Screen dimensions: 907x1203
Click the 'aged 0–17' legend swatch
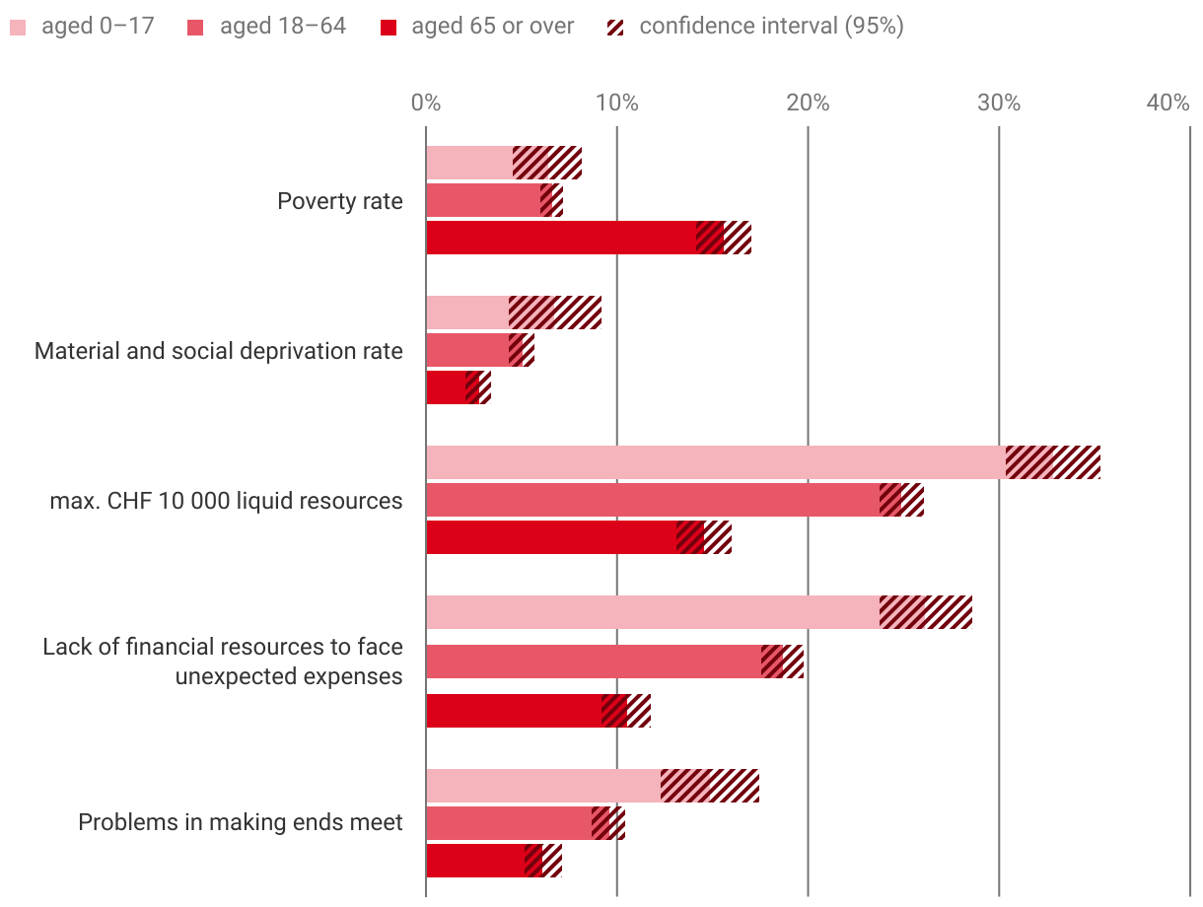(x=19, y=27)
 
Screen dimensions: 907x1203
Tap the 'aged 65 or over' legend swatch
(x=389, y=27)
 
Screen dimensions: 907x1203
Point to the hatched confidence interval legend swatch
(x=616, y=27)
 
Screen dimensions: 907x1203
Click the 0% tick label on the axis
(x=425, y=103)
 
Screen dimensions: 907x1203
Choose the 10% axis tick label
(x=615, y=103)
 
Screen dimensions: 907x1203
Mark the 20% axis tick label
(x=807, y=103)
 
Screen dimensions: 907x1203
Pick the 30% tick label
(x=998, y=103)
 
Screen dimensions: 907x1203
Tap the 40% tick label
(x=1168, y=103)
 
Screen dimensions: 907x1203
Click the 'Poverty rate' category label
(x=340, y=201)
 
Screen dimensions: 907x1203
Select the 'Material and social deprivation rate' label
(x=219, y=351)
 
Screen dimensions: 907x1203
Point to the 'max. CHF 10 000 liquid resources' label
(x=227, y=501)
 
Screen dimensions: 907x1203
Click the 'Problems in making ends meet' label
(x=241, y=822)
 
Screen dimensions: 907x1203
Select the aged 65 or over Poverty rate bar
(x=562, y=238)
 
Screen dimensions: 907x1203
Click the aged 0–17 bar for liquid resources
(x=715, y=462)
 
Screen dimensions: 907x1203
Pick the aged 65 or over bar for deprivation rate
(x=446, y=387)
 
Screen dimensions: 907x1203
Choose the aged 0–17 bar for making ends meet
(x=542, y=786)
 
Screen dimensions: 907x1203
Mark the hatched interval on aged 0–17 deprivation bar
(x=555, y=313)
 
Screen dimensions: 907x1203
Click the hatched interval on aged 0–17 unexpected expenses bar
(x=926, y=612)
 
